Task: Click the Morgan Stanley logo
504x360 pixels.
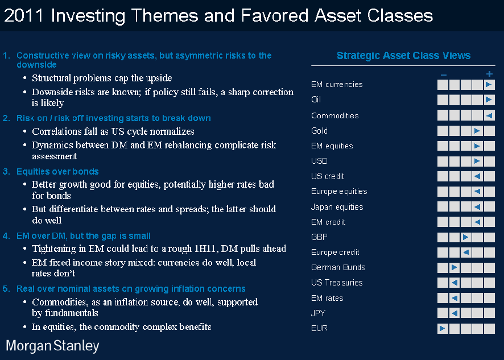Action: click(x=52, y=346)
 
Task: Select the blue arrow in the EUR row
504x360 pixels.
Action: click(x=443, y=329)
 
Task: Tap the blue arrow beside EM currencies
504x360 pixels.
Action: click(x=489, y=85)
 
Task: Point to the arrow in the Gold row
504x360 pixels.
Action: click(x=477, y=131)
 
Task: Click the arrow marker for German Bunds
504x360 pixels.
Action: click(x=454, y=267)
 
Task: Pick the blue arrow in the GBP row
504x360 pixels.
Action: click(x=465, y=238)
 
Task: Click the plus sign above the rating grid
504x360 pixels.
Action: click(x=489, y=74)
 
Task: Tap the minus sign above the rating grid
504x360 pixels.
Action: click(x=444, y=75)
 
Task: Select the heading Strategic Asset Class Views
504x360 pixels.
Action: click(x=403, y=56)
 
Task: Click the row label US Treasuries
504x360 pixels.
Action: click(x=337, y=283)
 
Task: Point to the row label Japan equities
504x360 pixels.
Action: click(x=337, y=207)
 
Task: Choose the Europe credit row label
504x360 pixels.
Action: click(x=335, y=253)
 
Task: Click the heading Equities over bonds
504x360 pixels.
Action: click(x=57, y=172)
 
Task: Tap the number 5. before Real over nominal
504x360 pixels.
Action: click(x=6, y=289)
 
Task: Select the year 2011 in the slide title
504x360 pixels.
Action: click(x=23, y=15)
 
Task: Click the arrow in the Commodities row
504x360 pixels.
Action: click(x=489, y=115)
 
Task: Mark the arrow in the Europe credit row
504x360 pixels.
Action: click(x=465, y=253)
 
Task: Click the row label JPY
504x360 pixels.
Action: click(x=318, y=313)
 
